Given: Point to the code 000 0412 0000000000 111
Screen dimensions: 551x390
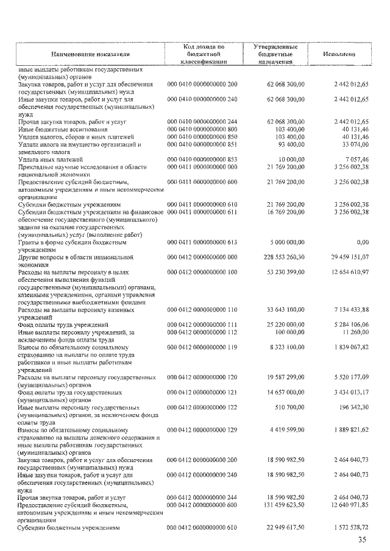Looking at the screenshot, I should coord(202,325).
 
